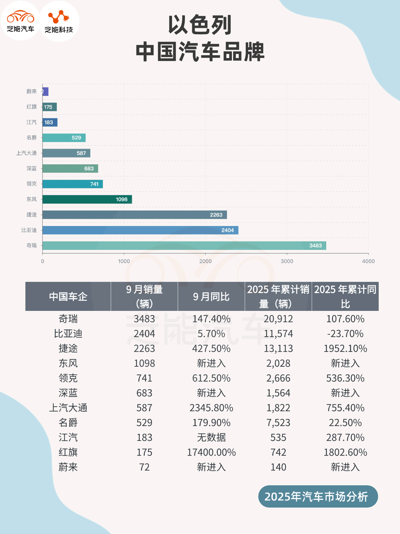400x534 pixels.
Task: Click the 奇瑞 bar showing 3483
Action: [184, 245]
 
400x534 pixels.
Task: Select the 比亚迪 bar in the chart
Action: [140, 230]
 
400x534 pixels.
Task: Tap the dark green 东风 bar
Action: [87, 199]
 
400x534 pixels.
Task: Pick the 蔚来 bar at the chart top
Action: [45, 91]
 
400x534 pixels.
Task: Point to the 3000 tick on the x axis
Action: [287, 261]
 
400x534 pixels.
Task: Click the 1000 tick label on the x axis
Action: [124, 261]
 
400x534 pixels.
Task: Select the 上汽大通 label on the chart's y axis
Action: [26, 153]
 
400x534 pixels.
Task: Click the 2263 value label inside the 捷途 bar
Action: [216, 215]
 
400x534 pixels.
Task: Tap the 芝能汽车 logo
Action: [20, 21]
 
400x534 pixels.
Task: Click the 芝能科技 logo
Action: [59, 21]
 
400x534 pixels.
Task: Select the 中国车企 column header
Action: [68, 297]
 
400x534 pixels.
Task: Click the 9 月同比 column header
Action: [211, 297]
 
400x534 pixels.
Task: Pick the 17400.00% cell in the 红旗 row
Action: [211, 452]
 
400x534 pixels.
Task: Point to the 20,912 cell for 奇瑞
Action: [278, 319]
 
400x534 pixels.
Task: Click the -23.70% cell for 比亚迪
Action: [345, 334]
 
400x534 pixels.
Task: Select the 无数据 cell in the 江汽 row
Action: [211, 437]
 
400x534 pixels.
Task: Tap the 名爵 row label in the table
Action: [68, 423]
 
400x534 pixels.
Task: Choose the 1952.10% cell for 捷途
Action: [345, 349]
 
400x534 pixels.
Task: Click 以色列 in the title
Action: [200, 25]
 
